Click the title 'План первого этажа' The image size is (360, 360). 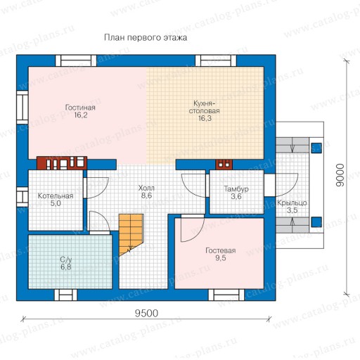pyautogui.click(x=146, y=38)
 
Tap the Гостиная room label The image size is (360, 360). pyautogui.click(x=80, y=108)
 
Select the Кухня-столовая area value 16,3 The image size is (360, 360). pyautogui.click(x=205, y=118)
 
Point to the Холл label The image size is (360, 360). pyautogui.click(x=146, y=188)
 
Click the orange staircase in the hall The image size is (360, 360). pyautogui.click(x=130, y=233)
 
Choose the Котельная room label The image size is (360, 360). pyautogui.click(x=56, y=195)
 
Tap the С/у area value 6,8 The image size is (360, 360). pyautogui.click(x=66, y=267)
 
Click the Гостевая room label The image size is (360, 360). pyautogui.click(x=221, y=250)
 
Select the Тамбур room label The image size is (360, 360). pyautogui.click(x=236, y=189)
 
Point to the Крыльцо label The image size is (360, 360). pyautogui.click(x=292, y=202)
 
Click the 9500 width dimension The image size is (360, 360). pyautogui.click(x=146, y=314)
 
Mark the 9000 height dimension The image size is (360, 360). pyautogui.click(x=340, y=175)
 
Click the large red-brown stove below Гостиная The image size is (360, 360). pyautogui.click(x=62, y=163)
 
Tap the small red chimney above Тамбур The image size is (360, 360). pyautogui.click(x=224, y=165)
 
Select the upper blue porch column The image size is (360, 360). pyautogui.click(x=316, y=148)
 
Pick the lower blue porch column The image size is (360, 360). pyautogui.click(x=316, y=222)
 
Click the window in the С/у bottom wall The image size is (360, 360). pyautogui.click(x=66, y=295)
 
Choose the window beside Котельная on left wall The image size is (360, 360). pyautogui.click(x=22, y=197)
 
